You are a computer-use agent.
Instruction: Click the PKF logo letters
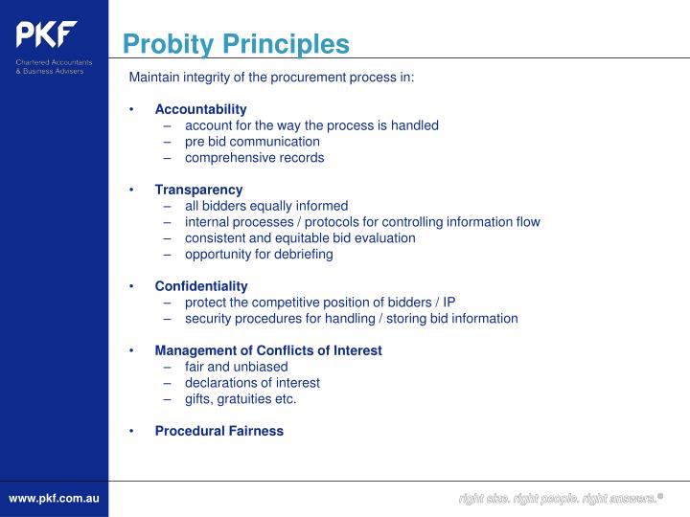coord(45,34)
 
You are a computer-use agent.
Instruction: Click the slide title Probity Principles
coord(236,44)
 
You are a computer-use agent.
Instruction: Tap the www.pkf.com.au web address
coord(54,499)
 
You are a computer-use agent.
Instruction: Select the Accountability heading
coord(200,109)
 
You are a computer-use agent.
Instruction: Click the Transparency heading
coord(198,190)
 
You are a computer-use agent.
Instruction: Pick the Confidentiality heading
coord(201,285)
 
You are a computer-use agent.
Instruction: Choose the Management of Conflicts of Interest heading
coord(268,350)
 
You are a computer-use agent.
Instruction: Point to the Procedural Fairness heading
coord(219,431)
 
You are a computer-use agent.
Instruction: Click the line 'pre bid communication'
coord(252,141)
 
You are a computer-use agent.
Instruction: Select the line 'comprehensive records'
coord(255,157)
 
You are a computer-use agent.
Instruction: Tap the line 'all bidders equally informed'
coord(266,205)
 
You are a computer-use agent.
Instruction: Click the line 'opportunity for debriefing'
coord(259,254)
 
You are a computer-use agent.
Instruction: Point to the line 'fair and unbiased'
coord(236,366)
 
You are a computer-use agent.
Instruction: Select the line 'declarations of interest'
coord(252,382)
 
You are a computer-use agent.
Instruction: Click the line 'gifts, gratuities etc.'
coord(241,398)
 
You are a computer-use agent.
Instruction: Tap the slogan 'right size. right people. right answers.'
coord(559,499)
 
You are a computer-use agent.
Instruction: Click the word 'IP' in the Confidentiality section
coord(448,302)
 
